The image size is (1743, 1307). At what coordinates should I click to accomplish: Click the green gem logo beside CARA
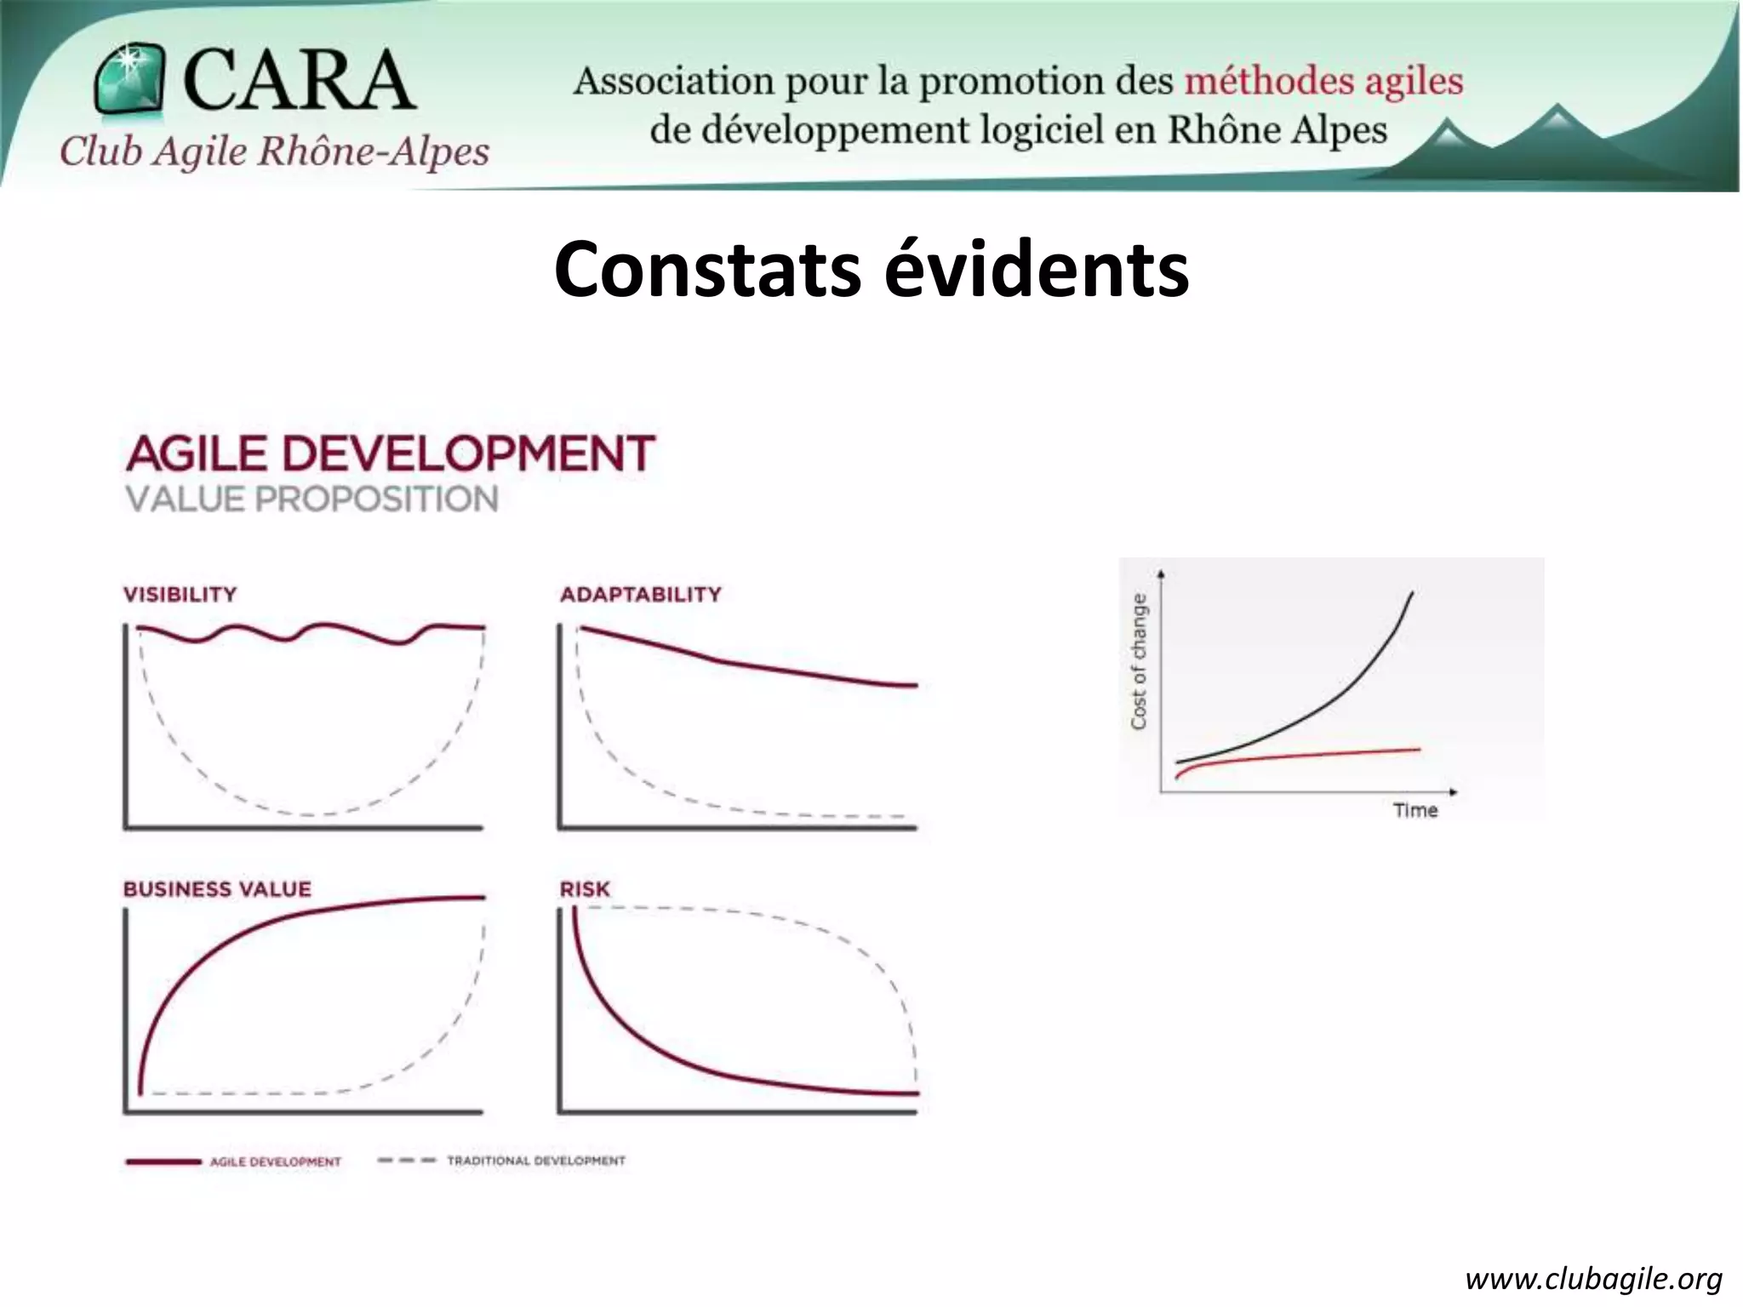pyautogui.click(x=129, y=79)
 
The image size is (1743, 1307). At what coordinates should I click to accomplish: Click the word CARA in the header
pyautogui.click(x=298, y=79)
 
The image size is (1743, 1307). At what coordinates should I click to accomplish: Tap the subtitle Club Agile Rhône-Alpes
pyautogui.click(x=274, y=152)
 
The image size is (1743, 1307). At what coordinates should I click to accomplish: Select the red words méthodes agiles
pyautogui.click(x=1323, y=82)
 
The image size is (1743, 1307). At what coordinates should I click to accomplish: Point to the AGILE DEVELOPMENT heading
pyautogui.click(x=391, y=453)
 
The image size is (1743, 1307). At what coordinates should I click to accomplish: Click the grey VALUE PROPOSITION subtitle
pyautogui.click(x=311, y=499)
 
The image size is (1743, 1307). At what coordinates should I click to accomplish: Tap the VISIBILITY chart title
pyautogui.click(x=180, y=594)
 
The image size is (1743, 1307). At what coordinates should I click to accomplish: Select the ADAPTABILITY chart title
pyautogui.click(x=640, y=594)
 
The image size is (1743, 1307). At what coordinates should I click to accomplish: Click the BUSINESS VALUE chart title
pyautogui.click(x=217, y=889)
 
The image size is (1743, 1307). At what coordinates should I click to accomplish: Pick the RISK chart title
pyautogui.click(x=585, y=889)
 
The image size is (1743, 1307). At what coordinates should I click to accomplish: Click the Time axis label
pyautogui.click(x=1414, y=810)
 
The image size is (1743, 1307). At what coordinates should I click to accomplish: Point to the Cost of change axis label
pyautogui.click(x=1139, y=661)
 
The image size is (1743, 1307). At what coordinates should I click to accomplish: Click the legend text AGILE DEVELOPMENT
pyautogui.click(x=275, y=1161)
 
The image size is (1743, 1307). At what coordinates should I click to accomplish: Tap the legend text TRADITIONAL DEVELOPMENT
pyautogui.click(x=536, y=1161)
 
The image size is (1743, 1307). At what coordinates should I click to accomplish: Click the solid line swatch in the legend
pyautogui.click(x=163, y=1161)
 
